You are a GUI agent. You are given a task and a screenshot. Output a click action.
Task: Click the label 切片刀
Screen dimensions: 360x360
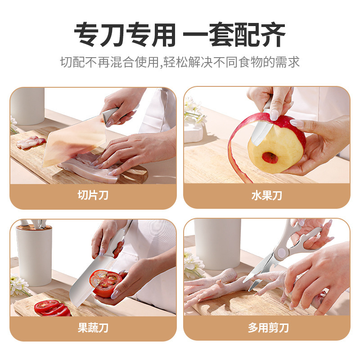(93, 196)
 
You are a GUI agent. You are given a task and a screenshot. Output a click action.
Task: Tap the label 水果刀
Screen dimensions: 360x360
(266, 196)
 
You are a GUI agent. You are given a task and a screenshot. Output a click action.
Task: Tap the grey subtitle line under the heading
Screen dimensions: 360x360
(180, 62)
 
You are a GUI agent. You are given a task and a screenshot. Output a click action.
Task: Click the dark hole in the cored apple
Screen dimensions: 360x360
(270, 157)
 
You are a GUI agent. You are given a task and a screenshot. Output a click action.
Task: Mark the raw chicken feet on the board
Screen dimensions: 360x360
(216, 286)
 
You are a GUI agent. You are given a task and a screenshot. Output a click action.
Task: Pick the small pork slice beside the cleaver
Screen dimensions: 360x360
(31, 143)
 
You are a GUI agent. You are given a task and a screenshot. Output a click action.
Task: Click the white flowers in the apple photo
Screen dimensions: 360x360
(193, 112)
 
